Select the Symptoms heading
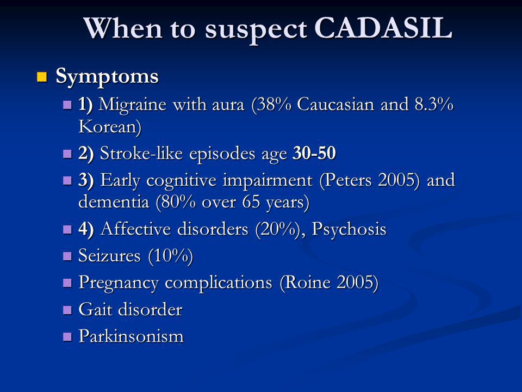[x=107, y=77]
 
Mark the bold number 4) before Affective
[x=85, y=229]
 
